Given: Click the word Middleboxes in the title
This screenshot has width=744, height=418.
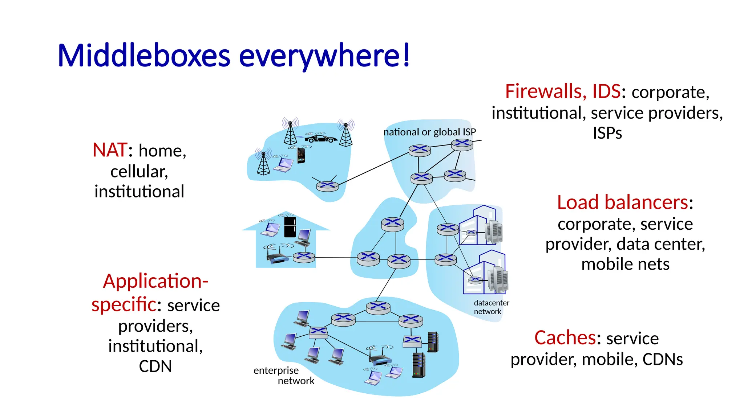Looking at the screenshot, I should coord(144,56).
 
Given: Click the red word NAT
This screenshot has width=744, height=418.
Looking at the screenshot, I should coord(109,150).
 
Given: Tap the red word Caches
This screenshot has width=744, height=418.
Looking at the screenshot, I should coord(565,338).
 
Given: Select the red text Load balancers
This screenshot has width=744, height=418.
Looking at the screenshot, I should coord(623,202).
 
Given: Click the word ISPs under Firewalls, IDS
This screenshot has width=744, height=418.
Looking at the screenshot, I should coord(607,133).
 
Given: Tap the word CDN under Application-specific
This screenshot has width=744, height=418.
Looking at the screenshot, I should coord(155,366).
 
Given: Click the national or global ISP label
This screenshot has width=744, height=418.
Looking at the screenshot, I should coord(429,132).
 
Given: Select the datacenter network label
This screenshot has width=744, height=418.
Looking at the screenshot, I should coord(491,307).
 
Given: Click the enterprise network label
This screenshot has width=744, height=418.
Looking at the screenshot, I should coord(284,375).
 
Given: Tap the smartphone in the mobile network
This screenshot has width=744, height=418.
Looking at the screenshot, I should coord(301,155).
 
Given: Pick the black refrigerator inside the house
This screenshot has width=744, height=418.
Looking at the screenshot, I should coord(290,227).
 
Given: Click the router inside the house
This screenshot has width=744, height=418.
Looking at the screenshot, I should coord(304,257).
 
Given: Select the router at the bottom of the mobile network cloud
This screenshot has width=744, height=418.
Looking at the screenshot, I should coord(327,186).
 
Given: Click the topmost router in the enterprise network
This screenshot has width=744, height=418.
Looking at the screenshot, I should coord(378,308).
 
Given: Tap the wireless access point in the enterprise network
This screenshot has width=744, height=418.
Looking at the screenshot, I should coord(380,359).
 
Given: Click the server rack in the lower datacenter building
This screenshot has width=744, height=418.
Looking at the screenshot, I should coord(498,279).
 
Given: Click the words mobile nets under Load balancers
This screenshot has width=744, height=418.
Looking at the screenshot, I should coord(625,264).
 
